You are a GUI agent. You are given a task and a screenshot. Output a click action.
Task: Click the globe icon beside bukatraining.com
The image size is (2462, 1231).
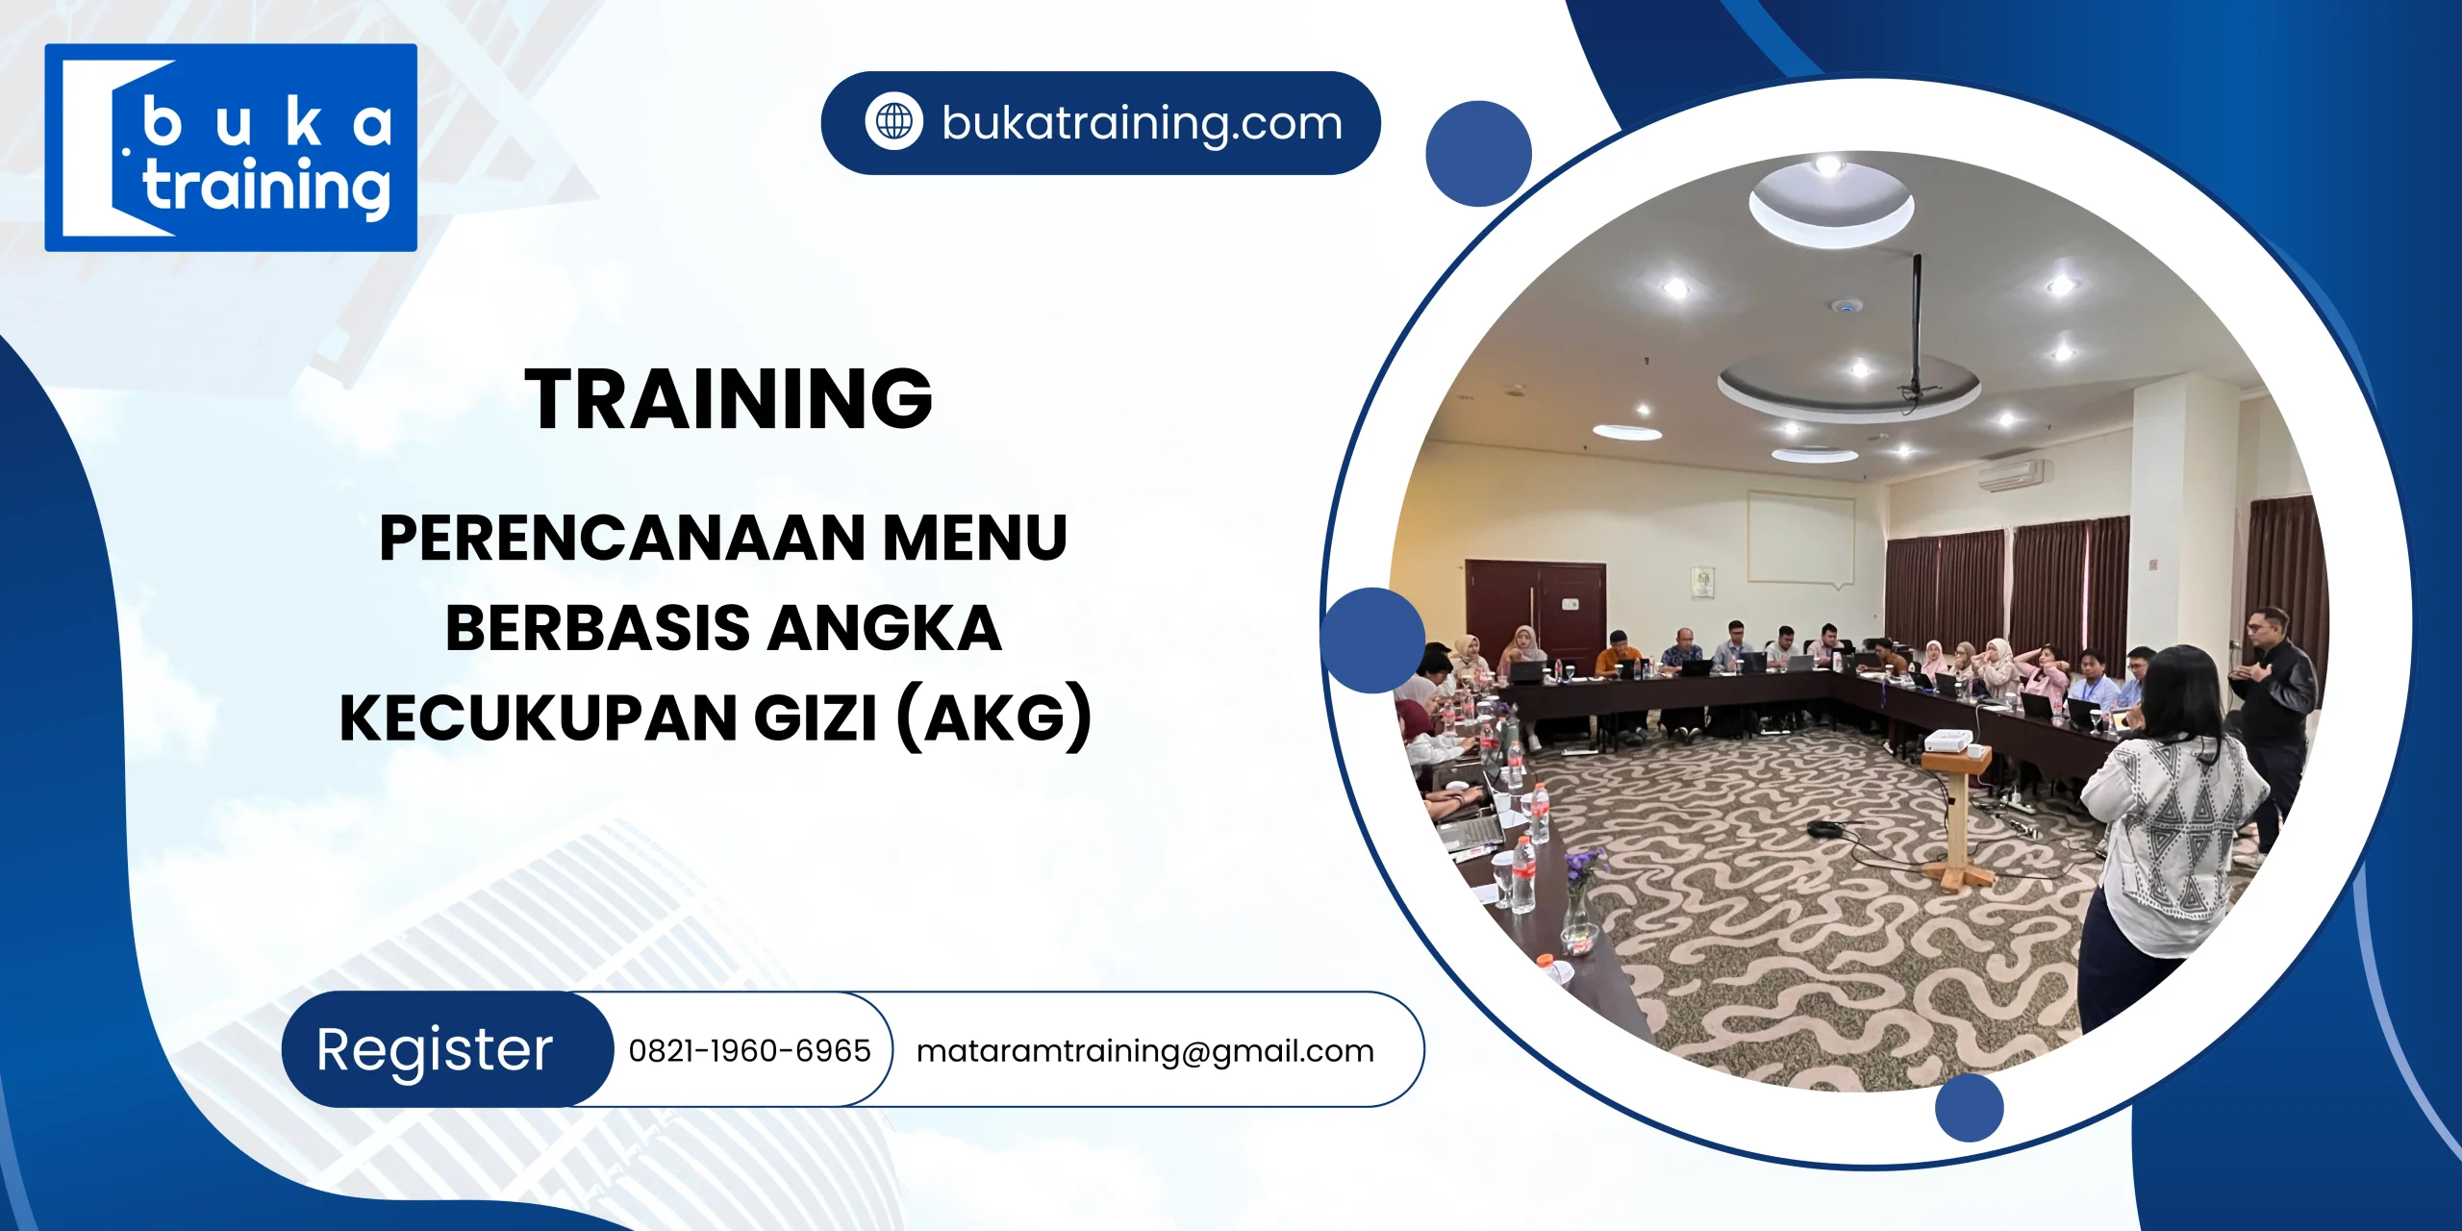pyautogui.click(x=893, y=122)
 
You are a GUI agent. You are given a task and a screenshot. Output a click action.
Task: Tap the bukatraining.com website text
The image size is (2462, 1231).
pyautogui.click(x=1142, y=123)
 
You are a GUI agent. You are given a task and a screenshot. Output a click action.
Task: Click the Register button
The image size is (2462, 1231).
pyautogui.click(x=435, y=1049)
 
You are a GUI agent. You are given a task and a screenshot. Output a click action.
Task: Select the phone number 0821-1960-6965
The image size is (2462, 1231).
pyautogui.click(x=749, y=1050)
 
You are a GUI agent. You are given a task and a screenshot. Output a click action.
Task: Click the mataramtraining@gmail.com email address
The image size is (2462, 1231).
pyautogui.click(x=1144, y=1051)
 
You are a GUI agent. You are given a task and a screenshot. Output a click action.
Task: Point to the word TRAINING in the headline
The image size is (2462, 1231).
pyautogui.click(x=728, y=399)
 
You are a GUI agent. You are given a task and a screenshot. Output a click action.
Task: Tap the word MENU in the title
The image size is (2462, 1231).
pyautogui.click(x=974, y=538)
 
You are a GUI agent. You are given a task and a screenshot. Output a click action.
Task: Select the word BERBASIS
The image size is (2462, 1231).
pyautogui.click(x=596, y=628)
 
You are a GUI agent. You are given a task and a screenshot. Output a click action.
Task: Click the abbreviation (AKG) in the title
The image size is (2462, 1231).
pyautogui.click(x=994, y=718)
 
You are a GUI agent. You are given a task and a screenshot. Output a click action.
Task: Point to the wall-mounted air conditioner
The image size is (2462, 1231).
pyautogui.click(x=2010, y=472)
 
